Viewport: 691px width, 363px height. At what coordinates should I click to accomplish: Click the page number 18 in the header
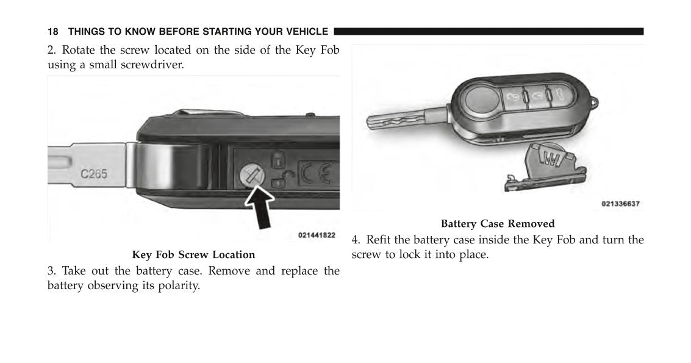tap(53, 32)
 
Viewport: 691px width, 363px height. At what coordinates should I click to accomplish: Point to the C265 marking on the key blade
tap(94, 174)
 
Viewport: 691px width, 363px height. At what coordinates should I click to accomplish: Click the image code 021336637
tap(620, 204)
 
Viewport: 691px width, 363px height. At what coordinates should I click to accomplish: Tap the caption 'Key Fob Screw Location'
tap(193, 255)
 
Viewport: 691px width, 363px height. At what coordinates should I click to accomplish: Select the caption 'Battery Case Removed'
tap(498, 224)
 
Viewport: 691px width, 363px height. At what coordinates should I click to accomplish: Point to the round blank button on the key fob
tap(482, 95)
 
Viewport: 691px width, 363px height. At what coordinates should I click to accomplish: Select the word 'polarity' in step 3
tap(178, 286)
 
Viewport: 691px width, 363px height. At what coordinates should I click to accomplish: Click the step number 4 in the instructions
tap(355, 240)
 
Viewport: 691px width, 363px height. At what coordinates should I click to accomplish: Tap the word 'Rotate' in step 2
tap(80, 50)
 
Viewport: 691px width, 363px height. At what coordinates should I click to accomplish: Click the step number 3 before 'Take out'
tap(51, 271)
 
